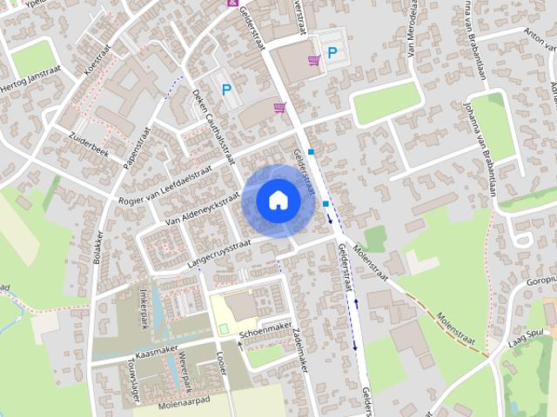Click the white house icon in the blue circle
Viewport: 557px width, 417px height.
(x=278, y=200)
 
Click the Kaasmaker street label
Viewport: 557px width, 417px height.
(x=157, y=347)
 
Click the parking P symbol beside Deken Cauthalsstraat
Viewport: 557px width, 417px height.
(x=227, y=89)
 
